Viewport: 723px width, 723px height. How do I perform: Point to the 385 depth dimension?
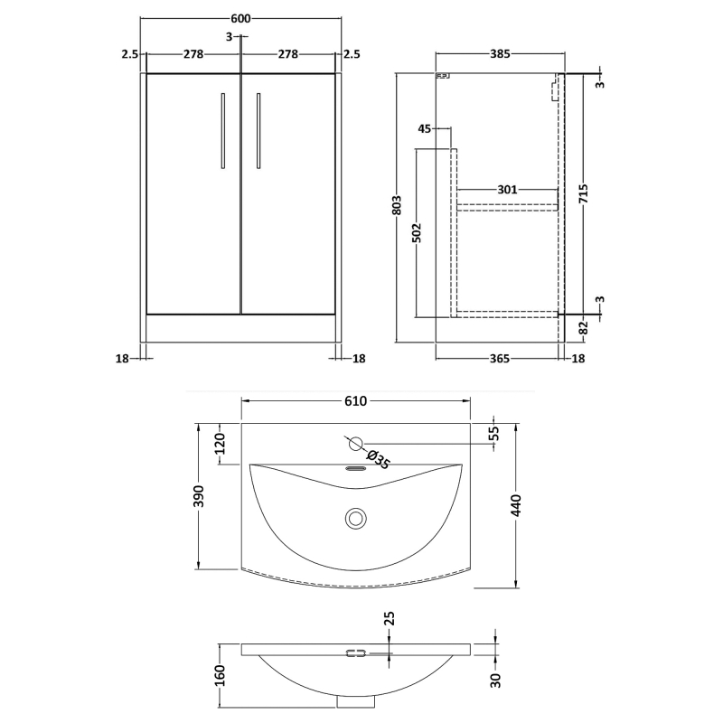click(500, 54)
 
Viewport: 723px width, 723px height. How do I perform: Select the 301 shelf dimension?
click(507, 190)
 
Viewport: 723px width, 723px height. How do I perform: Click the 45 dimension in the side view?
click(425, 129)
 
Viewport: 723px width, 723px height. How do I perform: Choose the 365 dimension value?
click(500, 359)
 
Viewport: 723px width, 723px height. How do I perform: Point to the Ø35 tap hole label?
click(380, 460)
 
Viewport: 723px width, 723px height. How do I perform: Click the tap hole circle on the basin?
click(356, 443)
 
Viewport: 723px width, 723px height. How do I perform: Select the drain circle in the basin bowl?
click(356, 518)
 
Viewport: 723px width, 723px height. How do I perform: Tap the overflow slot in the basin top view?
click(356, 468)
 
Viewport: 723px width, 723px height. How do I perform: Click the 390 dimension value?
click(200, 496)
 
